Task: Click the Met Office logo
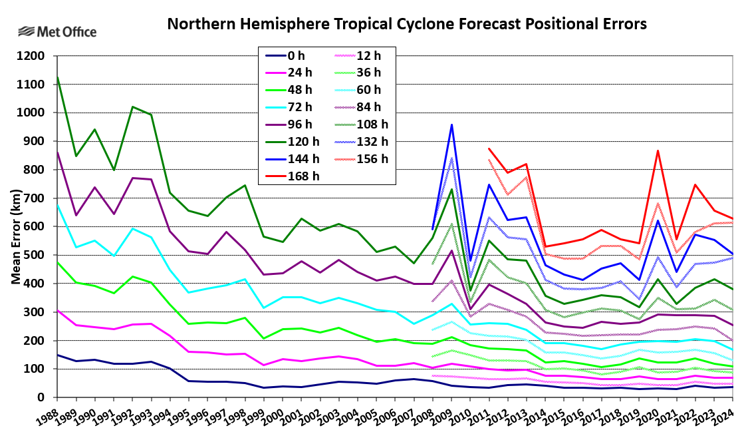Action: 57,31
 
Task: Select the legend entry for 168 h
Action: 305,176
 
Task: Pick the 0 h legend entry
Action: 297,56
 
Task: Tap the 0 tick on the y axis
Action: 41,397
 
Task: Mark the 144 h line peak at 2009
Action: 451,124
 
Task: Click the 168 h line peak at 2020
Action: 658,150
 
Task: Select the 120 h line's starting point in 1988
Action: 57,77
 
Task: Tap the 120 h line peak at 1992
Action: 132,107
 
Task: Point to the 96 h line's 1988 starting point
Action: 57,152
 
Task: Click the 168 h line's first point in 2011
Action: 489,148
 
